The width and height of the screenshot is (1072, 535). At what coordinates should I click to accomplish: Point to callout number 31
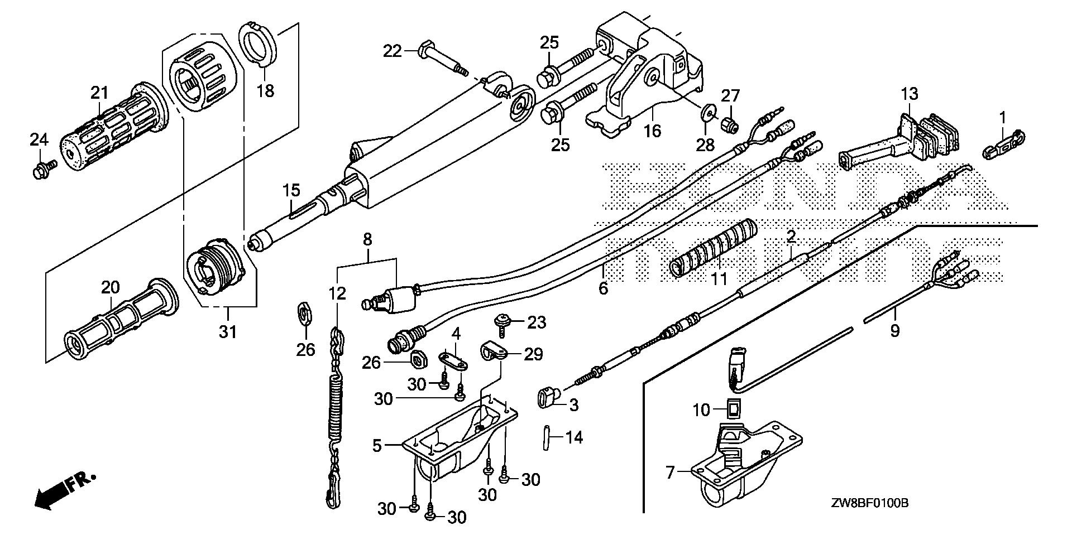pos(227,331)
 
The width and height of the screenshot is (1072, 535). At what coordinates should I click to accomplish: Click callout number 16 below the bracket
pos(652,131)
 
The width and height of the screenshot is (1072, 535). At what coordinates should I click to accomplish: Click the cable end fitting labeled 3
pos(548,399)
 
